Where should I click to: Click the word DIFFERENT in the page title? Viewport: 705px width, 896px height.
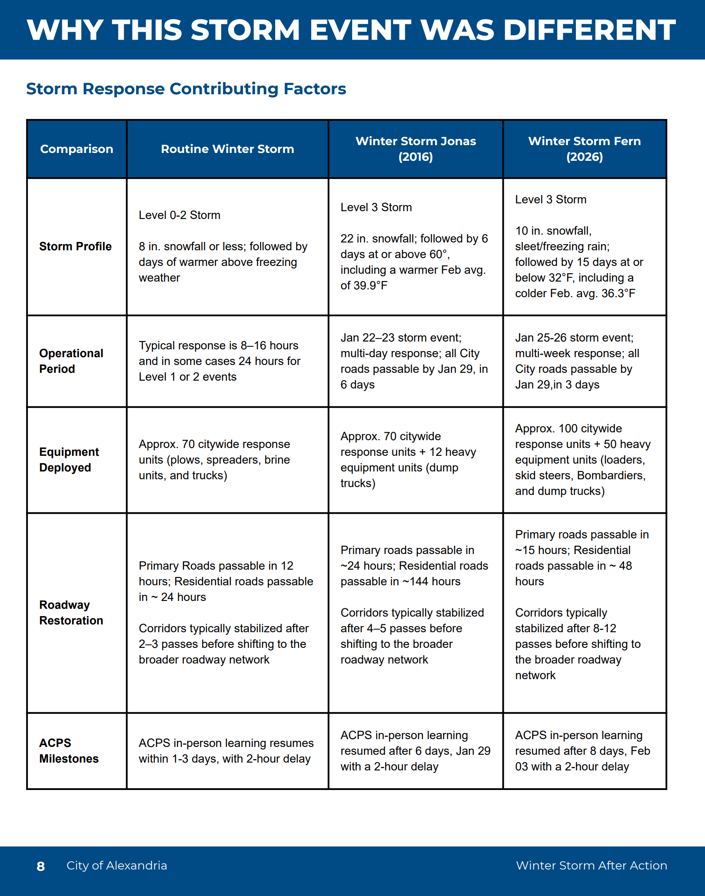click(x=589, y=30)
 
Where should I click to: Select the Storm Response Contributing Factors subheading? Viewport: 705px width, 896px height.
click(x=186, y=89)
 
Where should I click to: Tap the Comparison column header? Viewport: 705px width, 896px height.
click(x=76, y=149)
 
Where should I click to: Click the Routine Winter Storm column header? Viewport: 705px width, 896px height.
click(x=227, y=149)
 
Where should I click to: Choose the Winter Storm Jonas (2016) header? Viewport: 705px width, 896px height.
click(x=416, y=149)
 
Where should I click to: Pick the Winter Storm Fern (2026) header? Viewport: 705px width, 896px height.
click(x=584, y=149)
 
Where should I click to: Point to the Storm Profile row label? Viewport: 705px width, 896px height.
click(x=75, y=246)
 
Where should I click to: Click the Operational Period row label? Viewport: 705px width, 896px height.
click(x=71, y=361)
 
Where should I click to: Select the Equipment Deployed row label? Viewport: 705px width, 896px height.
click(x=69, y=460)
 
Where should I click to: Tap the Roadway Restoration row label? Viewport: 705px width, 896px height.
click(x=71, y=613)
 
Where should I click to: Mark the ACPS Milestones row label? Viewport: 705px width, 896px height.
click(x=69, y=751)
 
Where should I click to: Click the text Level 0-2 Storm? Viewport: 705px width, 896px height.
click(x=180, y=215)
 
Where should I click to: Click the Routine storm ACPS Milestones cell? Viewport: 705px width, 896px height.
click(x=226, y=751)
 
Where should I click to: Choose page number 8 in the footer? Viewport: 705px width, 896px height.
click(x=41, y=866)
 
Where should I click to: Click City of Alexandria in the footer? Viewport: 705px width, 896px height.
click(x=116, y=866)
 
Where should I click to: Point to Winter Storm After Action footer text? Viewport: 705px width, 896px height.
click(x=591, y=866)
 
